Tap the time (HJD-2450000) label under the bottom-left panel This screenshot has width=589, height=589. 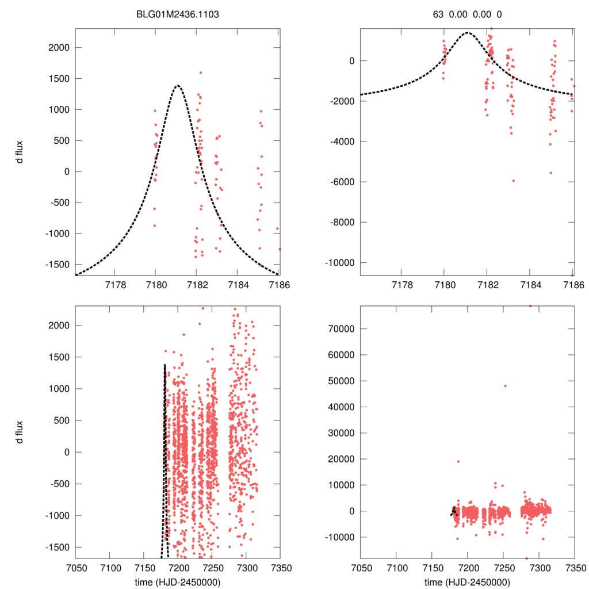[x=177, y=582]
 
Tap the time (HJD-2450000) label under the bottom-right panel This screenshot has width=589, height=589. [x=468, y=582]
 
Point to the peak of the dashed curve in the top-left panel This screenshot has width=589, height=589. [x=177, y=86]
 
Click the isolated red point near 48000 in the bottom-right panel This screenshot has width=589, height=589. [x=506, y=386]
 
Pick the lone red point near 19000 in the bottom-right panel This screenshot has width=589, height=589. [x=458, y=461]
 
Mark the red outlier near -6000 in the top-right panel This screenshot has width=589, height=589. [x=513, y=181]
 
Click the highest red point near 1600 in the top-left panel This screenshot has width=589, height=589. [x=201, y=72]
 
